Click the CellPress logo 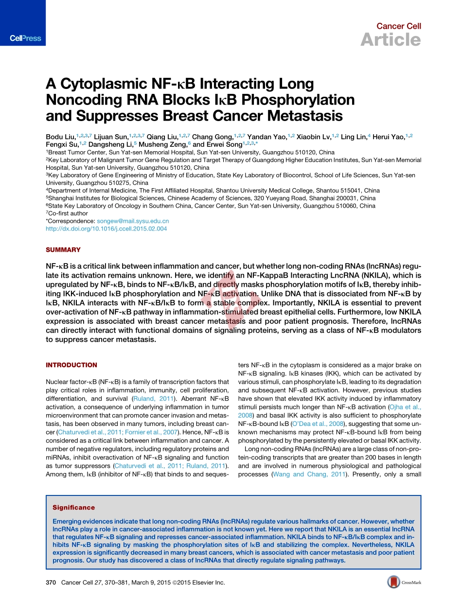pyautogui.click(x=26, y=38)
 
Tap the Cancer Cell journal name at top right pyautogui.click(x=399, y=26)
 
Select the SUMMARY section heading pyautogui.click(x=63, y=250)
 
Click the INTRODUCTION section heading pyautogui.click(x=71, y=365)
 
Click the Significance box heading pyautogui.click(x=74, y=508)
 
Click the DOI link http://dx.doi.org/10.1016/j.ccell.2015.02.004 pyautogui.click(x=106, y=229)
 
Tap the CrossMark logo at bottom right pyautogui.click(x=404, y=582)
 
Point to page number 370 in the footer pyautogui.click(x=51, y=582)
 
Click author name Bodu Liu pyautogui.click(x=61, y=137)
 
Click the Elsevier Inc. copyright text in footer pyautogui.click(x=209, y=582)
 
